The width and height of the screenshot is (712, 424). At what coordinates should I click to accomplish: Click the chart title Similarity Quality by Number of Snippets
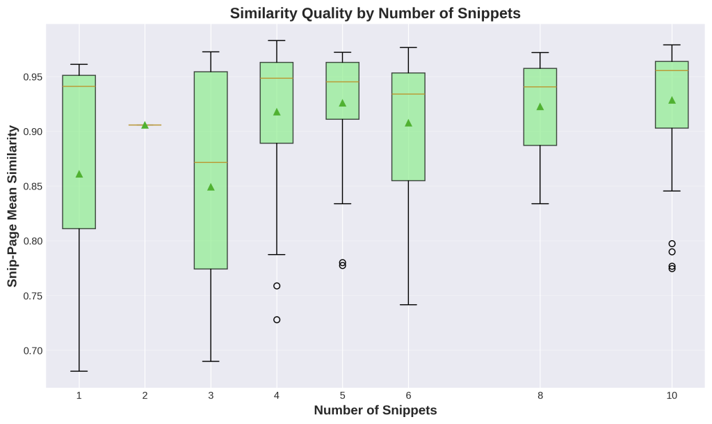375,13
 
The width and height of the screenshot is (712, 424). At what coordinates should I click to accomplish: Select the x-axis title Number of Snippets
375,410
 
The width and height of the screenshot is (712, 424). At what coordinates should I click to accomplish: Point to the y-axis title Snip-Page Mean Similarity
13,205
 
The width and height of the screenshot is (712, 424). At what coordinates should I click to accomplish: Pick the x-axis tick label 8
540,395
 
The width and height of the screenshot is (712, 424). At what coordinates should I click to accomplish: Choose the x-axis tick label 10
672,395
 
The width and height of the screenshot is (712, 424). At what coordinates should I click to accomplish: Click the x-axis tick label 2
145,395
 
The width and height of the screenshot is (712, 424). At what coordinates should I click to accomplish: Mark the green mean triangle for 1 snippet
79,174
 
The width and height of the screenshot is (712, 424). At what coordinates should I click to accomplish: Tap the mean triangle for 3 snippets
211,187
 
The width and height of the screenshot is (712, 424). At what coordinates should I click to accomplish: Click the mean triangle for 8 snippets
540,107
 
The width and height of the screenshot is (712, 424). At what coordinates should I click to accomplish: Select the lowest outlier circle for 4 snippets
277,320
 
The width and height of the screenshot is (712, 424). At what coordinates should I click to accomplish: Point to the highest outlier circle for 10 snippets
672,244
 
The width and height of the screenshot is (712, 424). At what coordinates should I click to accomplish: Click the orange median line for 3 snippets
211,162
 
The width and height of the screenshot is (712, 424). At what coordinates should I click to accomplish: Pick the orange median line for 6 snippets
408,94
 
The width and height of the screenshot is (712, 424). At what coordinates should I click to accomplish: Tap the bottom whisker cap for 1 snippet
79,371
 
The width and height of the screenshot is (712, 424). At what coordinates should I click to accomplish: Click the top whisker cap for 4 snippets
277,40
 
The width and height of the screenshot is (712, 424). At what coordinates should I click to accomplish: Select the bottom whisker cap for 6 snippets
408,305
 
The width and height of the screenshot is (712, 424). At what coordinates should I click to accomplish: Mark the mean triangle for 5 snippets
342,103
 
